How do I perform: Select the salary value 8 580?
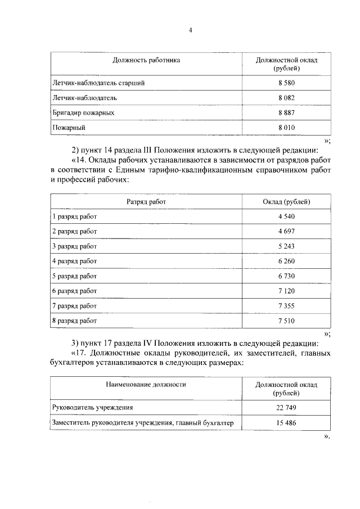click(286, 83)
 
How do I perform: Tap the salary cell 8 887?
click(286, 112)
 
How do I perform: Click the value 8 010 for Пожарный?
click(286, 128)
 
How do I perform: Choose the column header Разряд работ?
click(146, 201)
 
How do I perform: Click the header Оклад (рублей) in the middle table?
click(286, 201)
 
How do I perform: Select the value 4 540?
click(286, 217)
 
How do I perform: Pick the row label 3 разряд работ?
click(74, 246)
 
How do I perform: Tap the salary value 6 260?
click(286, 261)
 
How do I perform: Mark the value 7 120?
click(286, 291)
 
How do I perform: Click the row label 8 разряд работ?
click(74, 321)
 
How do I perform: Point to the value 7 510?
click(286, 321)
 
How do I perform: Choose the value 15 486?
click(286, 422)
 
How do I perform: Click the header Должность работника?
click(146, 60)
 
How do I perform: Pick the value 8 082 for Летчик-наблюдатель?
click(286, 98)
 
